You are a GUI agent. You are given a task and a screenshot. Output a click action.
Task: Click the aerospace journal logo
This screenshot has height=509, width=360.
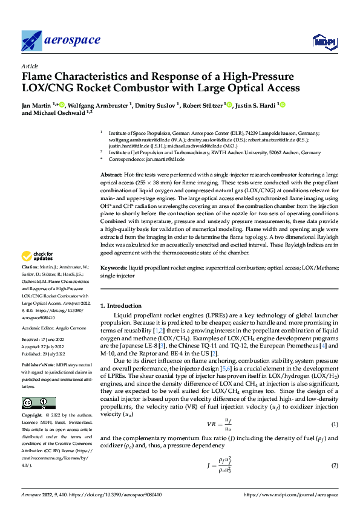click(x=61, y=41)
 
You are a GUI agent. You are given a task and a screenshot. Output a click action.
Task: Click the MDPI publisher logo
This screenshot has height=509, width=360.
click(x=323, y=41)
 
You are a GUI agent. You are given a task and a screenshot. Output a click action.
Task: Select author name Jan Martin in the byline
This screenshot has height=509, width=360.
click(x=36, y=105)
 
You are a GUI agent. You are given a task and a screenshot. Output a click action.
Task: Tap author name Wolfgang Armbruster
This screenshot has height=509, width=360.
click(x=97, y=105)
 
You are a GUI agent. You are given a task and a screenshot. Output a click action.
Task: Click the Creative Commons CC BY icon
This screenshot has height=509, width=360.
click(x=38, y=403)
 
